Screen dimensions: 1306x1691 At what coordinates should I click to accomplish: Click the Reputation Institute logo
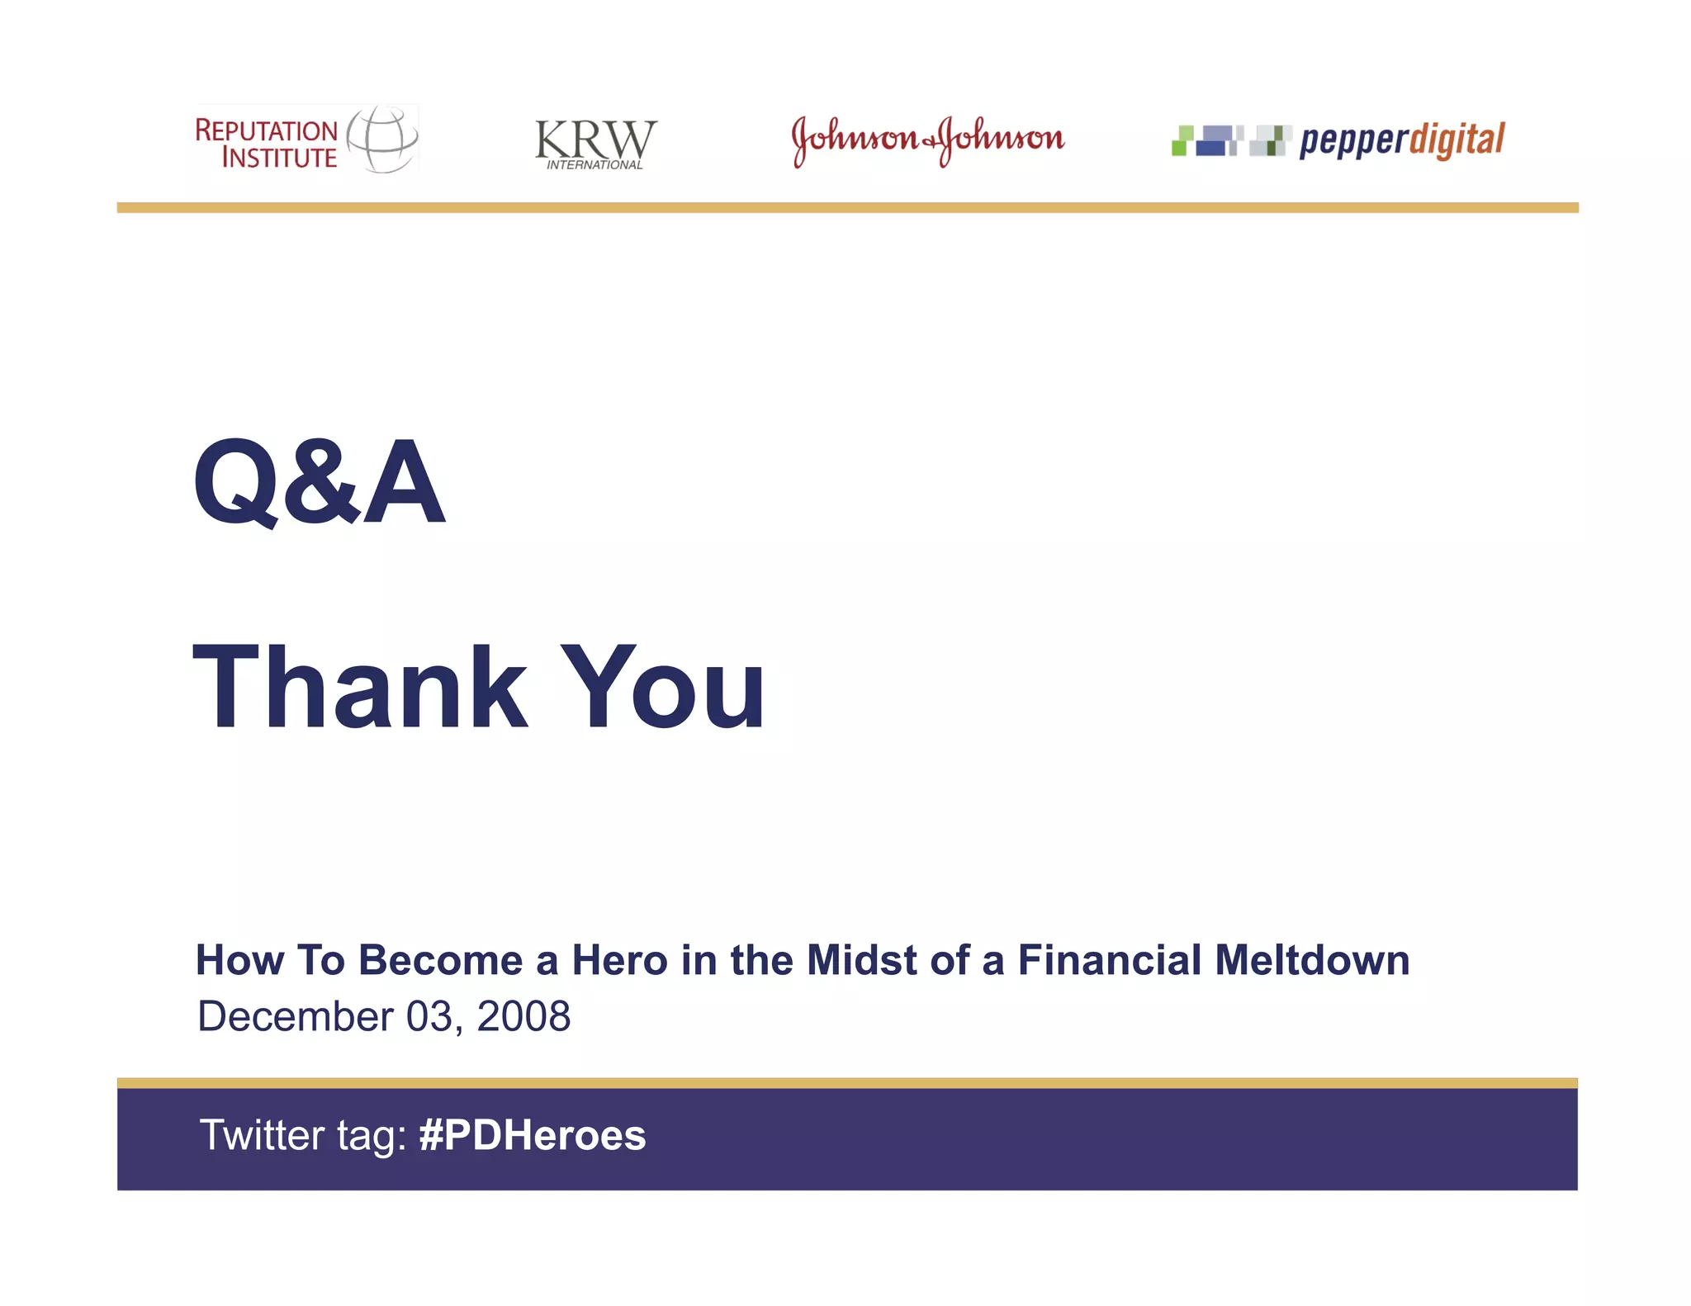click(306, 140)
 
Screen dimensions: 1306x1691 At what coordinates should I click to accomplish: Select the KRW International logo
click(595, 143)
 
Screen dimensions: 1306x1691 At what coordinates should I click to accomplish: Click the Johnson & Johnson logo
click(928, 140)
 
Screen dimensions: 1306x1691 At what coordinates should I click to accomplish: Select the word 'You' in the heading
click(663, 688)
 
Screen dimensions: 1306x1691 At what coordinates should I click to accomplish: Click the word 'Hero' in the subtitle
click(619, 960)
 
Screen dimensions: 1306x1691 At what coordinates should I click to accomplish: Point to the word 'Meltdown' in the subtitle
click(1312, 960)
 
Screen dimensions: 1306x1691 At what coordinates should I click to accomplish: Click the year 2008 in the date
click(523, 1016)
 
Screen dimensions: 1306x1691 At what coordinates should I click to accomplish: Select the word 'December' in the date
click(296, 1016)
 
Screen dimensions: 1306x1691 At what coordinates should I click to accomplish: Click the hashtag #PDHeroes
click(533, 1135)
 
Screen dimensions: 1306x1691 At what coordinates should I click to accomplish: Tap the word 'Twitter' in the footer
click(263, 1135)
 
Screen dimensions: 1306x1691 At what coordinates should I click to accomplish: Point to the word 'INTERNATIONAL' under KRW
click(594, 165)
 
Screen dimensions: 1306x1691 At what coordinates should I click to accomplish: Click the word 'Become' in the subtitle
click(440, 960)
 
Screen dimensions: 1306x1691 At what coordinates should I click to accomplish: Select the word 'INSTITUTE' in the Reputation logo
click(279, 158)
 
